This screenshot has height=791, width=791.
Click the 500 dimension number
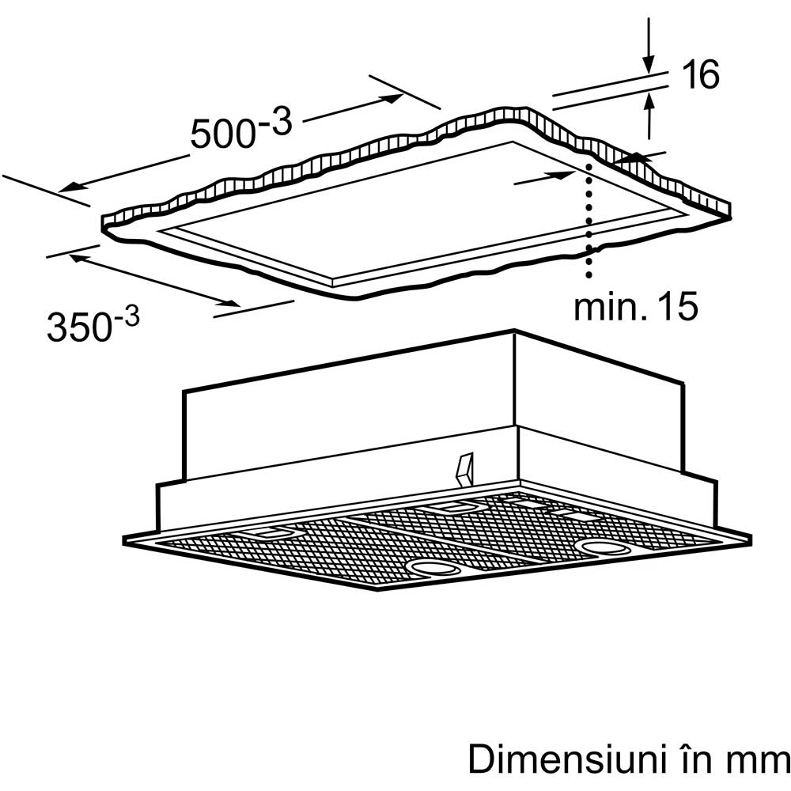click(223, 134)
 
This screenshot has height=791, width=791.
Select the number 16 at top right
click(701, 74)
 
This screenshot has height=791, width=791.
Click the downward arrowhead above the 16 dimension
click(649, 65)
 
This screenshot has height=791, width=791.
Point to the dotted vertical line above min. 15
click(589, 220)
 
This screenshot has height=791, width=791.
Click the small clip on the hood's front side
click(464, 470)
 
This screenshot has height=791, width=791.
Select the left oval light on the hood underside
click(433, 569)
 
